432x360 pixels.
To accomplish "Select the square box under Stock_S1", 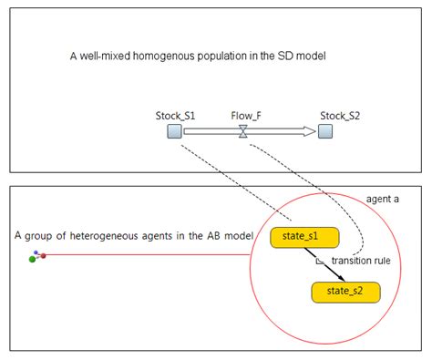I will click(175, 132).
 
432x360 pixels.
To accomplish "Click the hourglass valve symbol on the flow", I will click(243, 132).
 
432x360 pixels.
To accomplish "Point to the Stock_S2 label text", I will click(339, 116).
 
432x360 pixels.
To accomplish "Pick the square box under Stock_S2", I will click(324, 132).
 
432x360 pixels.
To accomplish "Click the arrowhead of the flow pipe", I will click(310, 132).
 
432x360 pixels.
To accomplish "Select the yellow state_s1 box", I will click(305, 237).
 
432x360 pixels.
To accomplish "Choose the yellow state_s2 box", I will click(345, 292).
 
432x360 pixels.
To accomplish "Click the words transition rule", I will click(361, 261).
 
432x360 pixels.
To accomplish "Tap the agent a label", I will click(383, 198).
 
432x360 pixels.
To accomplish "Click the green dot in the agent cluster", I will click(33, 259).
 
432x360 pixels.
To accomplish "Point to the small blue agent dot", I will click(36, 252).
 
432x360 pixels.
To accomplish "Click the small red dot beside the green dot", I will click(42, 255).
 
